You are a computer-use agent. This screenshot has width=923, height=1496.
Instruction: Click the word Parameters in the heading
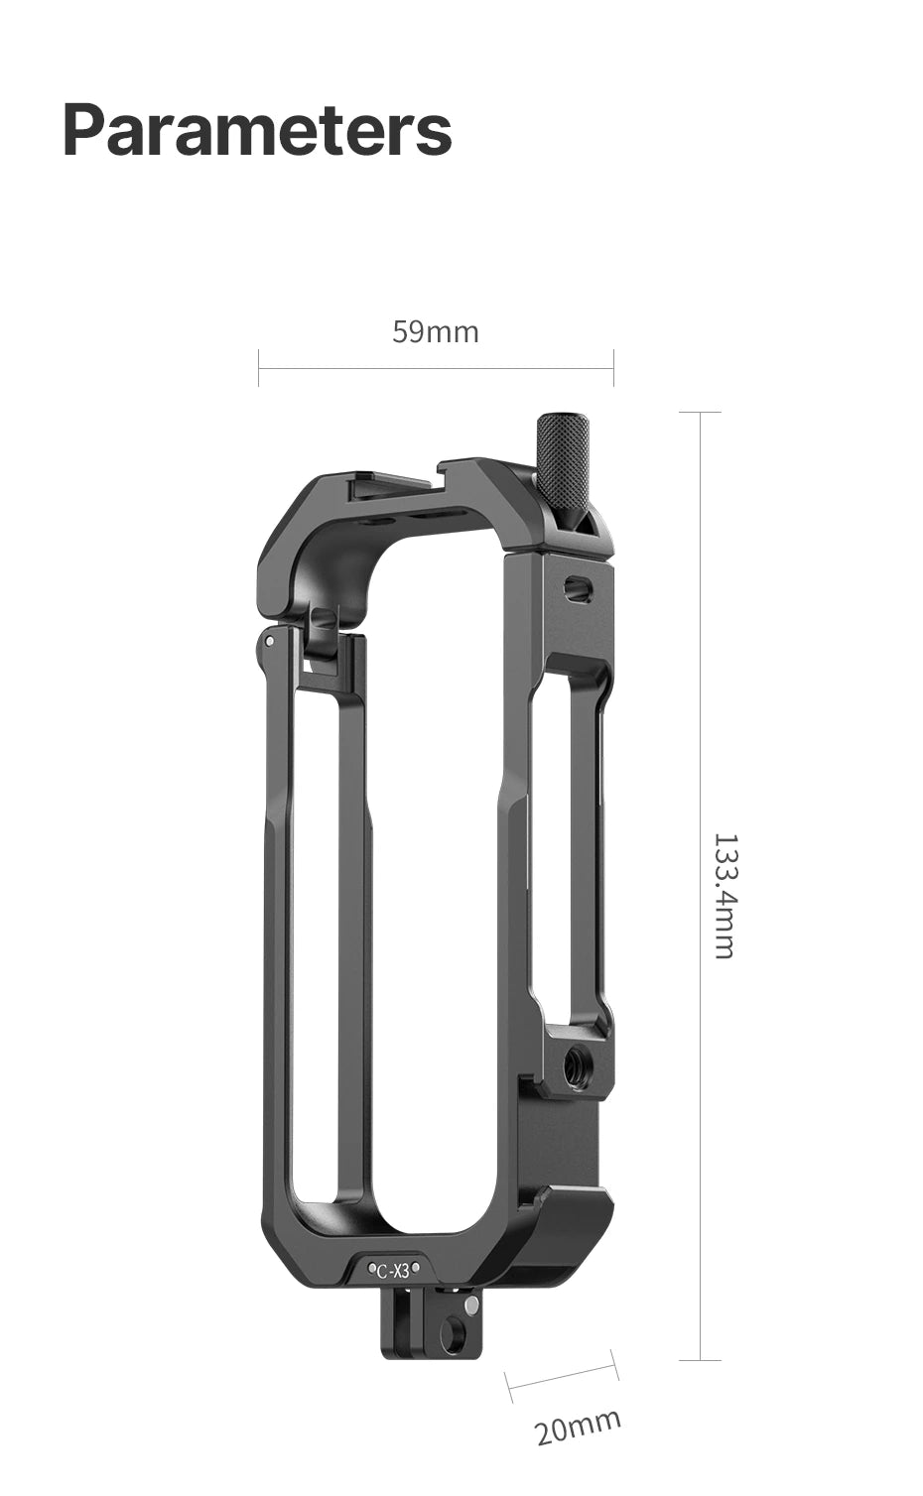point(257,130)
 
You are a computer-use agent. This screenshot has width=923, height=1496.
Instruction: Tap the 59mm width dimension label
point(435,331)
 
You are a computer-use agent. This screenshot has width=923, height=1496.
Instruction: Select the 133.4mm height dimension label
point(725,895)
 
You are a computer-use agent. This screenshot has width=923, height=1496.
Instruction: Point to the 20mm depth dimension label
point(578,1427)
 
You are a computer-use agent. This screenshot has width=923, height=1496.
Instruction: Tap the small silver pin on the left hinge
point(270,642)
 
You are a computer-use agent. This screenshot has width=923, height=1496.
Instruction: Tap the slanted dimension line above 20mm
point(562,1376)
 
